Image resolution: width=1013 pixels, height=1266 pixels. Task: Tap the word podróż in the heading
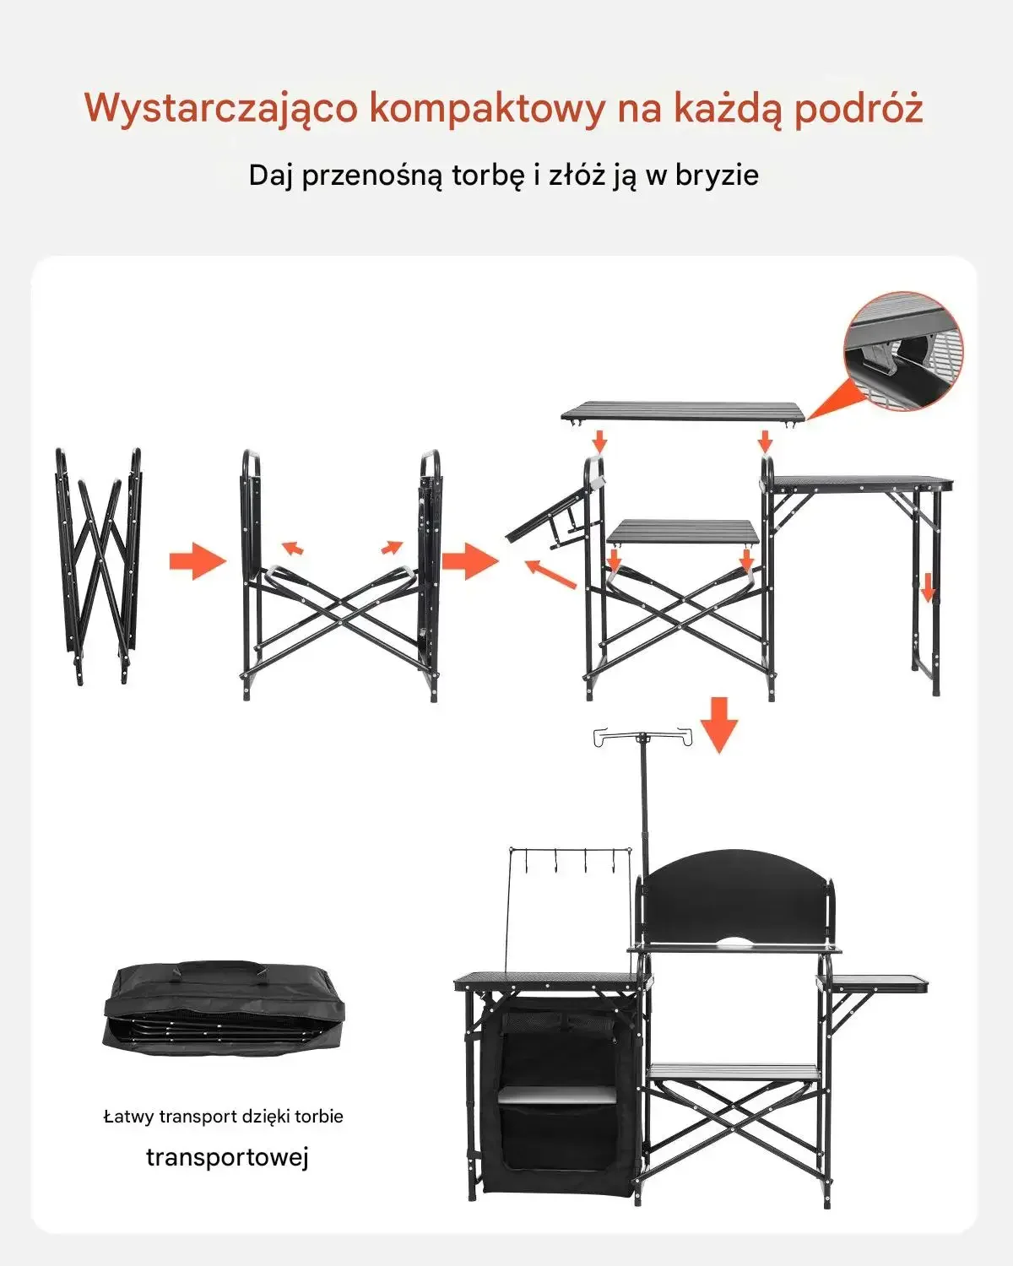point(859,108)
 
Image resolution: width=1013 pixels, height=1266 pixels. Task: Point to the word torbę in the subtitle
point(488,176)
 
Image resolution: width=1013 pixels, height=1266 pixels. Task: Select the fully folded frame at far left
point(98,566)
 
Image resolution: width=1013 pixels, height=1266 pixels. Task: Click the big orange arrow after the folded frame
point(198,560)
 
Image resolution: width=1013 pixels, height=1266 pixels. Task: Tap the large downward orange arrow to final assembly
point(719,725)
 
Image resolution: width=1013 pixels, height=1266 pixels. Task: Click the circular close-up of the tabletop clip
point(903,350)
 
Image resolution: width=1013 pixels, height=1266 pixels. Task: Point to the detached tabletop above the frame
point(683,411)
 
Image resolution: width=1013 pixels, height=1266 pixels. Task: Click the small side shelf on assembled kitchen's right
point(874,982)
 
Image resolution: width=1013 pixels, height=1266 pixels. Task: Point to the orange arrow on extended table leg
point(928,587)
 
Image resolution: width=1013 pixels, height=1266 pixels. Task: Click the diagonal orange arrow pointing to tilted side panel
point(550,574)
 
